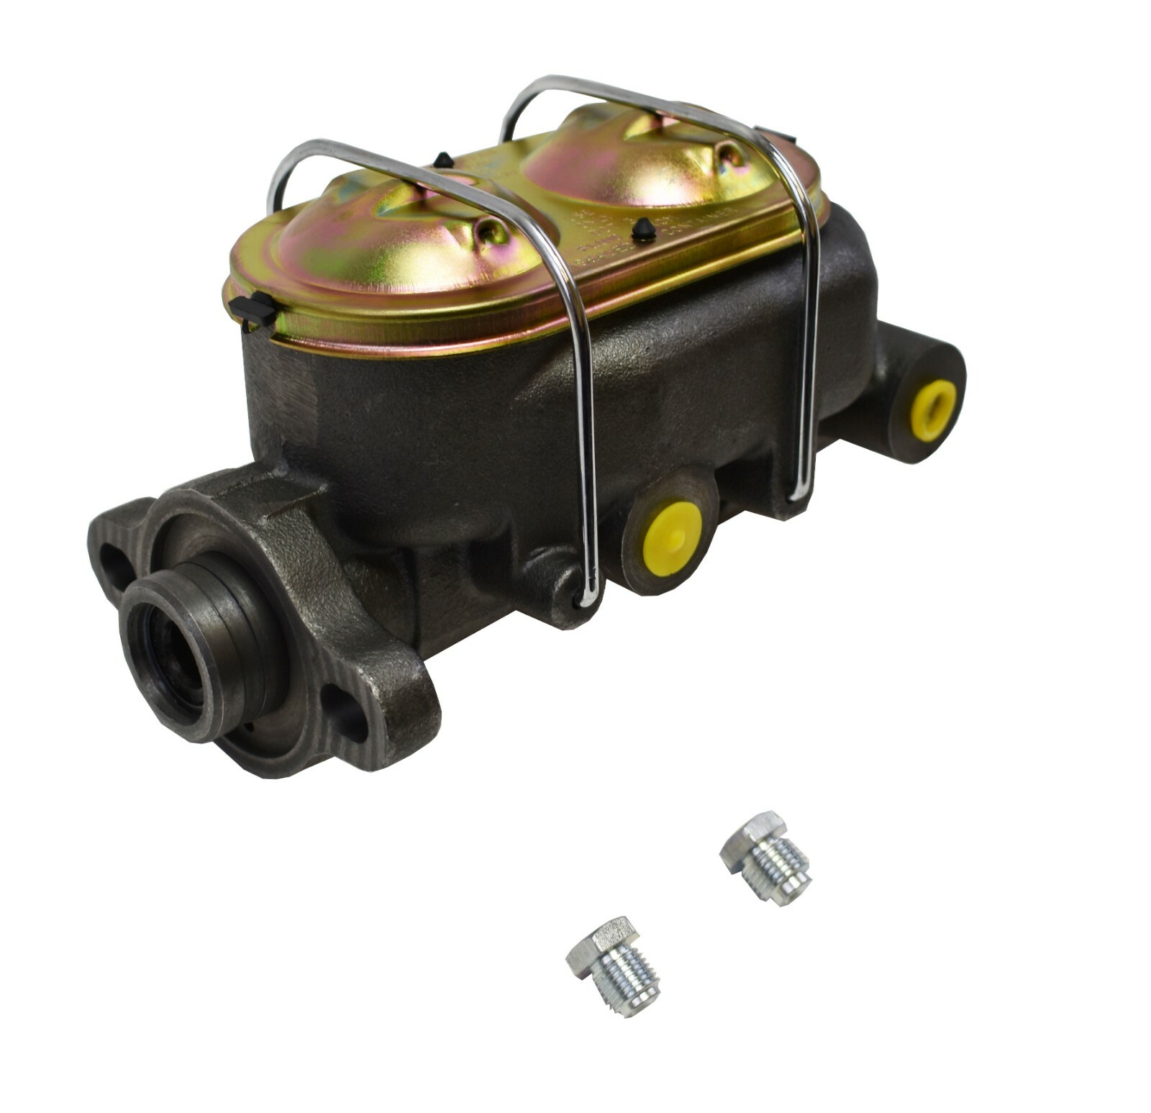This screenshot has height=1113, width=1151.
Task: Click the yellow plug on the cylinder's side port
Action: tap(671, 538)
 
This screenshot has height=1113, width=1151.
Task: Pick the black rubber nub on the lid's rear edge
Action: tap(444, 159)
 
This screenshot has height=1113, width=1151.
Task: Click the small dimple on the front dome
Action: tap(493, 230)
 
